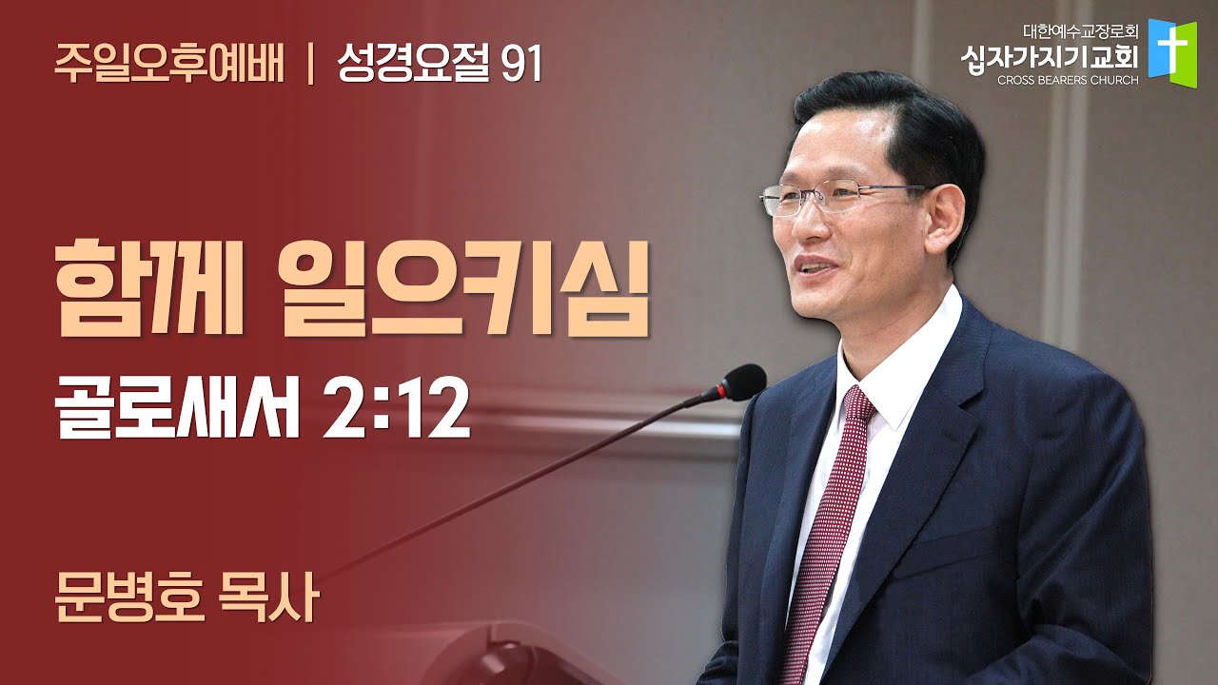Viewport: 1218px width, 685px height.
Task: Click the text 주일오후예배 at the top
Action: [169, 64]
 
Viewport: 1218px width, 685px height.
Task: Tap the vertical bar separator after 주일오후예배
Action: [311, 65]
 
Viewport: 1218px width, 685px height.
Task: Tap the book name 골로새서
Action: [177, 410]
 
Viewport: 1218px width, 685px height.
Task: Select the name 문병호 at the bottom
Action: [129, 598]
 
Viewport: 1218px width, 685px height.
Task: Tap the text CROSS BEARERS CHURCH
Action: [1068, 81]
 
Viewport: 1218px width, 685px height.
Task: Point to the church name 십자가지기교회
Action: [1049, 58]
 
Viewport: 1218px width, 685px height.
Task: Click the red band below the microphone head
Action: [722, 390]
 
